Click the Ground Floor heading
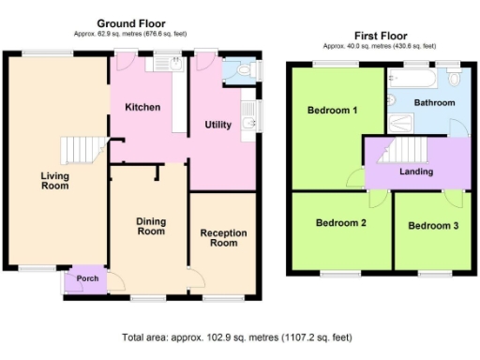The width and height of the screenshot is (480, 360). click(131, 23)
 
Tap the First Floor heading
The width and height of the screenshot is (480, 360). click(381, 36)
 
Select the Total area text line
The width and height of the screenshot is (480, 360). click(237, 337)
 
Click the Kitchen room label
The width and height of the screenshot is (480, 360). click(142, 107)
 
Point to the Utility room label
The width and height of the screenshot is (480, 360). click(218, 125)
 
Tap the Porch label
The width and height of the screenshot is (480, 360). click(87, 278)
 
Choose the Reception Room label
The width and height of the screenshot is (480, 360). click(223, 238)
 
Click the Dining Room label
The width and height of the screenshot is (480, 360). click(151, 226)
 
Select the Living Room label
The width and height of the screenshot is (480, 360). click(55, 181)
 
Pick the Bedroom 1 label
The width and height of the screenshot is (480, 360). click(332, 110)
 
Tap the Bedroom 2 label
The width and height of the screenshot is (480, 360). click(341, 223)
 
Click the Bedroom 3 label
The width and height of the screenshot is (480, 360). click(433, 226)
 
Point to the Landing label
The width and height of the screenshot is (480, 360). click(416, 172)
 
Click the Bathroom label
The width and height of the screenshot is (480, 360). click(434, 102)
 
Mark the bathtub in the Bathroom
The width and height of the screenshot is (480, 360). click(412, 78)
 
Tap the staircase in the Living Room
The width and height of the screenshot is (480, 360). click(83, 150)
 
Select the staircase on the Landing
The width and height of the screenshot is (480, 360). click(402, 150)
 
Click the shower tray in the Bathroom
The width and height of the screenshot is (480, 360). click(401, 123)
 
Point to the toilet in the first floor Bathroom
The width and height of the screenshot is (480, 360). click(454, 77)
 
